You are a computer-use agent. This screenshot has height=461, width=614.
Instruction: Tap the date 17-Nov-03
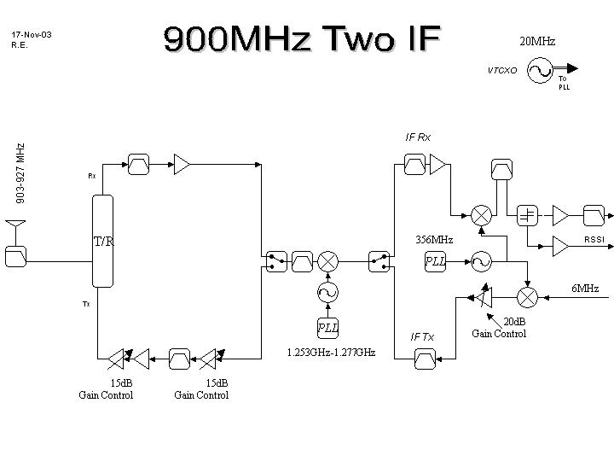coord(32,35)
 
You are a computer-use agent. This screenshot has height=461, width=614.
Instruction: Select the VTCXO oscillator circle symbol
coord(540,70)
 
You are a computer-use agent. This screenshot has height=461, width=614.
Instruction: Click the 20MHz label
coord(537,41)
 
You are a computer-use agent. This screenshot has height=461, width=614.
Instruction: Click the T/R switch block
coord(102,242)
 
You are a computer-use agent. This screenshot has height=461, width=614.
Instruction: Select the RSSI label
coord(594,240)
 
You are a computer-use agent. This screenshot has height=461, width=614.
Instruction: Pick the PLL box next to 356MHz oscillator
coord(435,261)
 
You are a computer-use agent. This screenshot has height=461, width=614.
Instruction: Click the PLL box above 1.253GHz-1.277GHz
coord(327,328)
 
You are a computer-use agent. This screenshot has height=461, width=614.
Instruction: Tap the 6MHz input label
coord(585,289)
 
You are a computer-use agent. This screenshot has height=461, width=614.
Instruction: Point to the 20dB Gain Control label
coord(499,328)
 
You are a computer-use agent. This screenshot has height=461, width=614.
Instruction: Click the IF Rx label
coord(418,137)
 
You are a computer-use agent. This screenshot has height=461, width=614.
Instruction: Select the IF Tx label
coord(422,337)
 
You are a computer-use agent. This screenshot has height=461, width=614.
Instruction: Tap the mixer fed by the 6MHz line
coord(528,296)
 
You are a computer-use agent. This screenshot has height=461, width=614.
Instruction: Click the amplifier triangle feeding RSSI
coord(560,246)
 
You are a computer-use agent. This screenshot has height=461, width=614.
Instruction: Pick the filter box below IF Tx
coord(423,360)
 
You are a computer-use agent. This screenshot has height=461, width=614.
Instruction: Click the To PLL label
coord(564,83)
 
